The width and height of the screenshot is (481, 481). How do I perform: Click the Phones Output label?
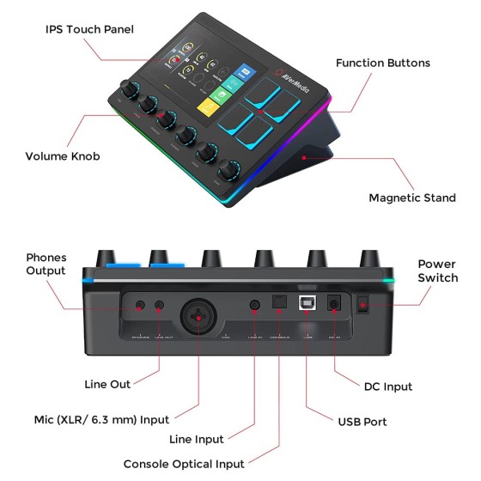coord(46,264)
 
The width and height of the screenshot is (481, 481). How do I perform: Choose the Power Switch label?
coord(437,271)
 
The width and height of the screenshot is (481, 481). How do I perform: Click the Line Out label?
coord(108,384)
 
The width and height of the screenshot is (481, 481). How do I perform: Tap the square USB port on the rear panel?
coord(307,305)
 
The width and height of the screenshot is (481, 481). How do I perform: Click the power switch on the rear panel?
coord(363,304)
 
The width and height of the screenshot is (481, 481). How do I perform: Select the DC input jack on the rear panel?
coord(336,305)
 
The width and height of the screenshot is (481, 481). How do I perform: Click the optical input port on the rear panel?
coord(279,305)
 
